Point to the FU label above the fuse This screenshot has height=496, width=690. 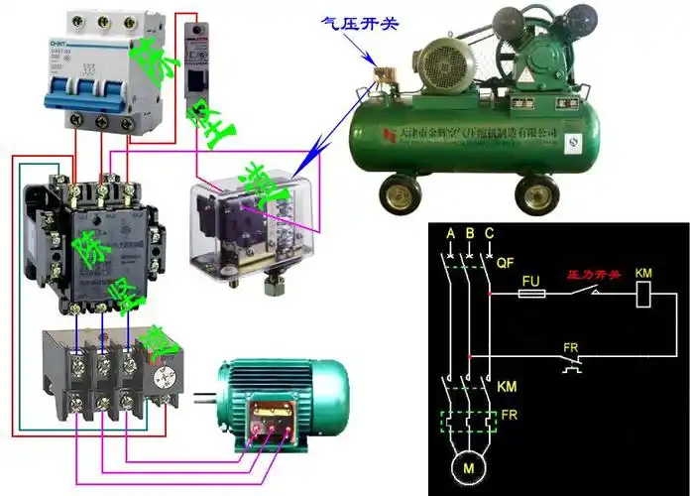(530, 280)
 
